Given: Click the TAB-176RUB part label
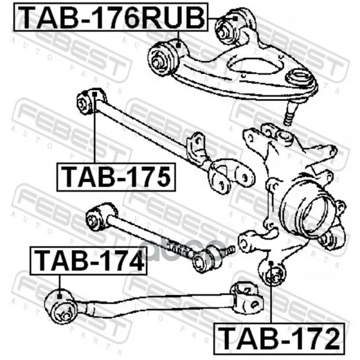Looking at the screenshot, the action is [x=111, y=17].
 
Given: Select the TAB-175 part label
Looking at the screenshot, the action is [x=116, y=177].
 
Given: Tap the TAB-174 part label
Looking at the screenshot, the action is [x=88, y=261].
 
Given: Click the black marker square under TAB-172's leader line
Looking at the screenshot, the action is [x=271, y=262].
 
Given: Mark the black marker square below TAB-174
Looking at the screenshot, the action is [x=59, y=296].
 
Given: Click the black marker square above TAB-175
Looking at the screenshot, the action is [x=95, y=94].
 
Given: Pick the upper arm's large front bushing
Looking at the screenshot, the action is [x=163, y=57].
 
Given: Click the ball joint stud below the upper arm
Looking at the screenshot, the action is [x=288, y=113].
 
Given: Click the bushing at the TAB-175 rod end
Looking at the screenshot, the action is [x=88, y=101].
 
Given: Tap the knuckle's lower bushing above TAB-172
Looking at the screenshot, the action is [x=272, y=273].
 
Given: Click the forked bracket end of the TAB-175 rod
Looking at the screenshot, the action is [x=230, y=176].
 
